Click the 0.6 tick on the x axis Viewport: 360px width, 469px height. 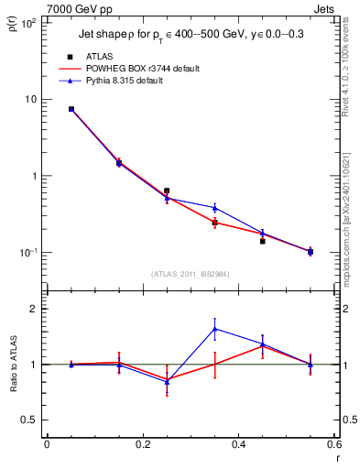(x=333, y=444)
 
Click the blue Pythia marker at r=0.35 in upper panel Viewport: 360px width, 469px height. (x=214, y=208)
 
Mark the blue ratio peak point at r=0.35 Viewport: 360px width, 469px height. (x=214, y=329)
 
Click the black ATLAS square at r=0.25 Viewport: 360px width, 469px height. (x=167, y=191)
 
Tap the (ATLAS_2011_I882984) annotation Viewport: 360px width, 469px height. (x=191, y=274)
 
